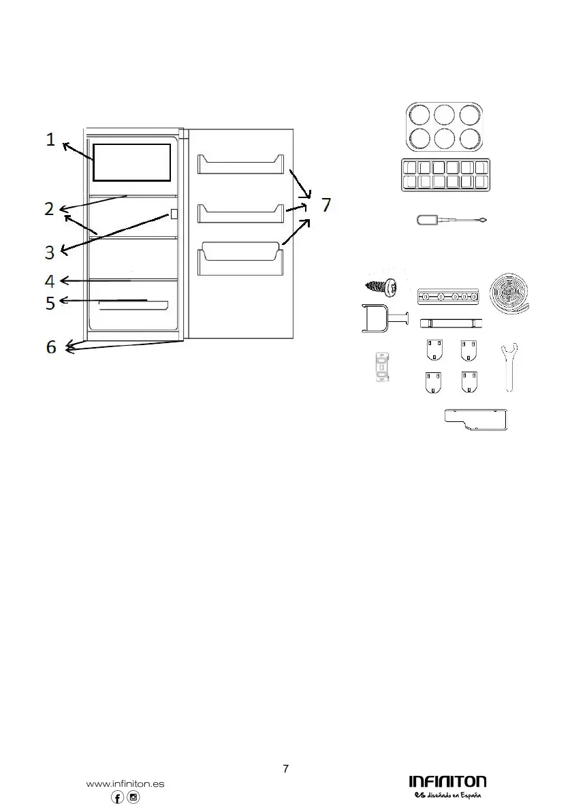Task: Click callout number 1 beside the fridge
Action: [50, 140]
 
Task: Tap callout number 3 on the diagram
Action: [50, 253]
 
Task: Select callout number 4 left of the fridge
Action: [50, 280]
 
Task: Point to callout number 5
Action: [50, 302]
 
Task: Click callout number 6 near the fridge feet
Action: [51, 347]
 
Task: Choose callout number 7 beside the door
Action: [327, 204]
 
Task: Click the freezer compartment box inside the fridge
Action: [131, 163]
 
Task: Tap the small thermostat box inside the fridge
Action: [174, 214]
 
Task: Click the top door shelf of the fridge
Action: [239, 164]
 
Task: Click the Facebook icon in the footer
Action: [118, 798]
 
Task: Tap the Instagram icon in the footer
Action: [134, 798]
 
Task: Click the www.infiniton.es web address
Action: [125, 783]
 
